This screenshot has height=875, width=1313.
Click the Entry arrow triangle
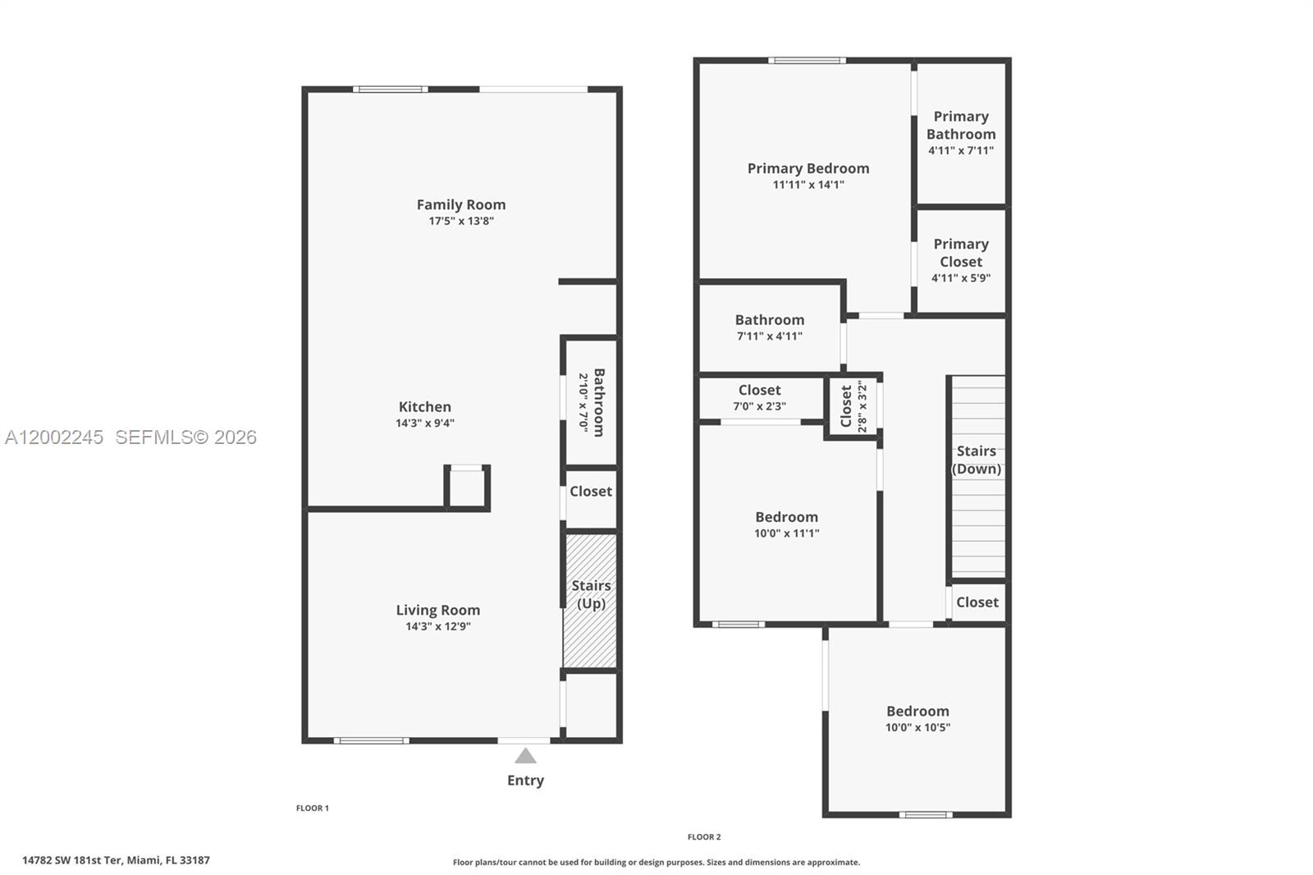[525, 756]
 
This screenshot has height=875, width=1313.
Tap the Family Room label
[460, 204]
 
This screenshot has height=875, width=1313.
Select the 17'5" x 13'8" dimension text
[460, 221]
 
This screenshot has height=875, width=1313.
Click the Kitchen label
[424, 406]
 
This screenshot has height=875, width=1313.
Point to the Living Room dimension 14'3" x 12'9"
[437, 626]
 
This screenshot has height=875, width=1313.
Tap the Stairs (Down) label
[976, 460]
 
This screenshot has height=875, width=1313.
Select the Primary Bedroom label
[807, 168]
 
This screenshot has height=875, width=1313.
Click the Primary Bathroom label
[960, 125]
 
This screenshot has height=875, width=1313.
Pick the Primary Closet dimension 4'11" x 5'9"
[960, 277]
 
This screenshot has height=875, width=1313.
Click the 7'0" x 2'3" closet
[759, 397]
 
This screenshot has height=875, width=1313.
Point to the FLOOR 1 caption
[312, 808]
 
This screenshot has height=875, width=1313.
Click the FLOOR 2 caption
[704, 836]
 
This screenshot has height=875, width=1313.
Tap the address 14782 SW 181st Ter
[116, 860]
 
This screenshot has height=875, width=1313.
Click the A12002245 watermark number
[54, 438]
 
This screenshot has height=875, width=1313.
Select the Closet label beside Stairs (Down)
[977, 602]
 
